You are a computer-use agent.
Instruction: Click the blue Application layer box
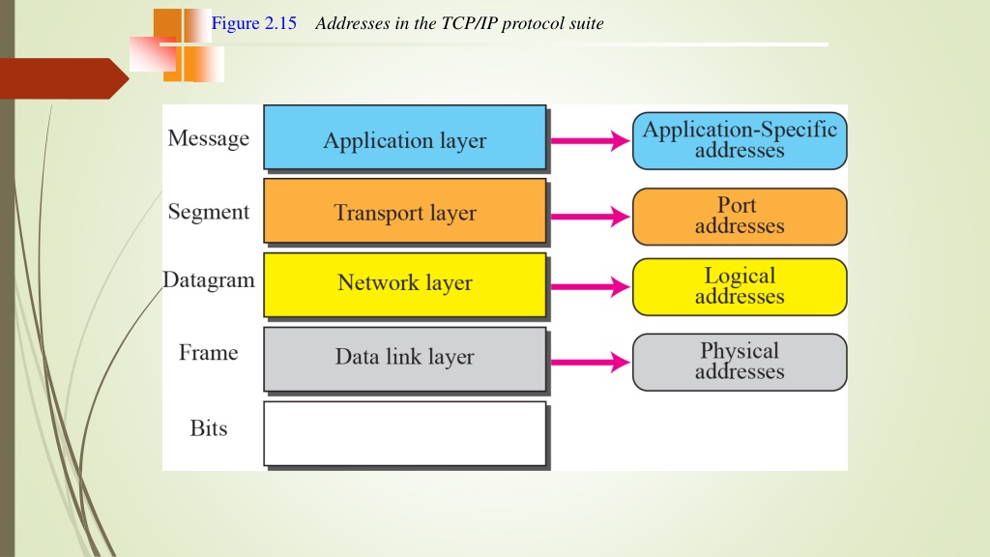[x=405, y=137]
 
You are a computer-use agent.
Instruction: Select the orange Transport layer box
[x=405, y=211]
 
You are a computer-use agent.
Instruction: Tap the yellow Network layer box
[x=405, y=285]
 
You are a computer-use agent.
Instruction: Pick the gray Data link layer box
[x=405, y=359]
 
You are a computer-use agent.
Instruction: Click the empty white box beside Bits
[x=405, y=433]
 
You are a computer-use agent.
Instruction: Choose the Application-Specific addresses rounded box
[x=740, y=141]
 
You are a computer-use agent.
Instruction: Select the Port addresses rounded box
[x=740, y=216]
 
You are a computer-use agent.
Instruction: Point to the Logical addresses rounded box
[x=740, y=286]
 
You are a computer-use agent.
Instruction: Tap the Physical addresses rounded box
[x=740, y=362]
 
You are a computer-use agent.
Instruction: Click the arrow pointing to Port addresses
[x=591, y=217]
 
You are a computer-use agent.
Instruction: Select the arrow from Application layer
[x=591, y=141]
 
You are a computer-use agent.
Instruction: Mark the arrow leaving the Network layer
[x=591, y=286]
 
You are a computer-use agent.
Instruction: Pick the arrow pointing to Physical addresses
[x=591, y=363]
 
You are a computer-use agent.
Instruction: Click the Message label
[x=209, y=138]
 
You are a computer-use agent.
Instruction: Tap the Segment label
[x=209, y=212]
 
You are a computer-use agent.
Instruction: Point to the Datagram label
[x=209, y=279]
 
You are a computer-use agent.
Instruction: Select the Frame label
[x=209, y=352]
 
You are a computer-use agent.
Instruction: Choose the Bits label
[x=209, y=428]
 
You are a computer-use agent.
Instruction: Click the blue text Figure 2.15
[x=254, y=23]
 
